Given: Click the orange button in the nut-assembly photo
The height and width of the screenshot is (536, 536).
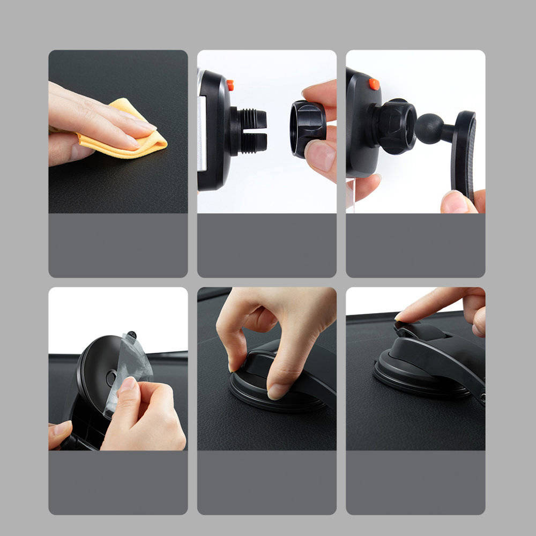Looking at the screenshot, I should coord(230,85).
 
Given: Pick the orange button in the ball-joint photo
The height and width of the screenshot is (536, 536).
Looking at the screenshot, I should coord(374,84).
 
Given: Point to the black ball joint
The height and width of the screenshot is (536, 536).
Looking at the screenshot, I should coord(429,129).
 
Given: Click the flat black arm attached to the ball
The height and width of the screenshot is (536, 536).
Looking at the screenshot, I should coord(464,150).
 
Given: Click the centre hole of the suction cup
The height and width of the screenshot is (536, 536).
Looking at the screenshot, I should coord(111,378).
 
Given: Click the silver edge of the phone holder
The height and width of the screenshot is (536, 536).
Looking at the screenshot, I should coord(202,129).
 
